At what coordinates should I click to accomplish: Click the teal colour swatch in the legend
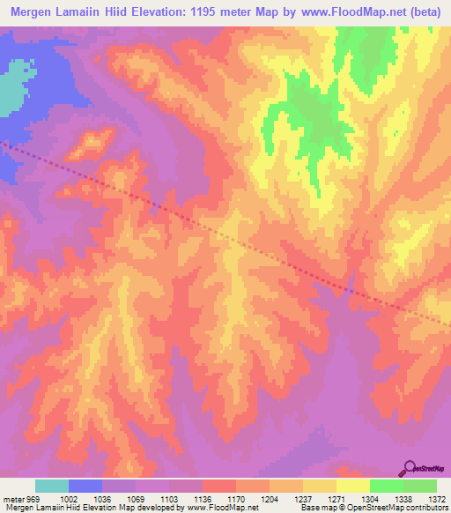click(x=52, y=486)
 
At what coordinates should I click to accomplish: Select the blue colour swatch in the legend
click(x=85, y=486)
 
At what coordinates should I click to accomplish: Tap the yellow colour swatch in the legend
click(x=352, y=486)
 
